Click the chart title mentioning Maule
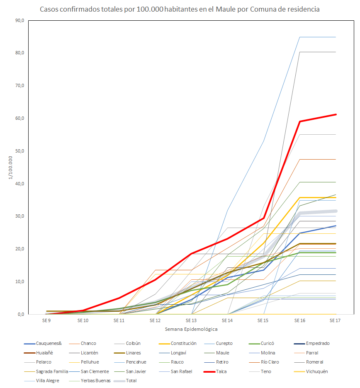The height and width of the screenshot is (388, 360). point(180,9)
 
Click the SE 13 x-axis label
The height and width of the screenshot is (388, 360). point(191,320)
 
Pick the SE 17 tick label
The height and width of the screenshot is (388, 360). point(336,320)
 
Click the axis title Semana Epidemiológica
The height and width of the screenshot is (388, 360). point(191,329)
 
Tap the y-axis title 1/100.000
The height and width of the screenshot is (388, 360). point(10,167)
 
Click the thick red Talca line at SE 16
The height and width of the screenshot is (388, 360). point(300,121)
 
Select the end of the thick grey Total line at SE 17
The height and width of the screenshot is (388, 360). point(336,211)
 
